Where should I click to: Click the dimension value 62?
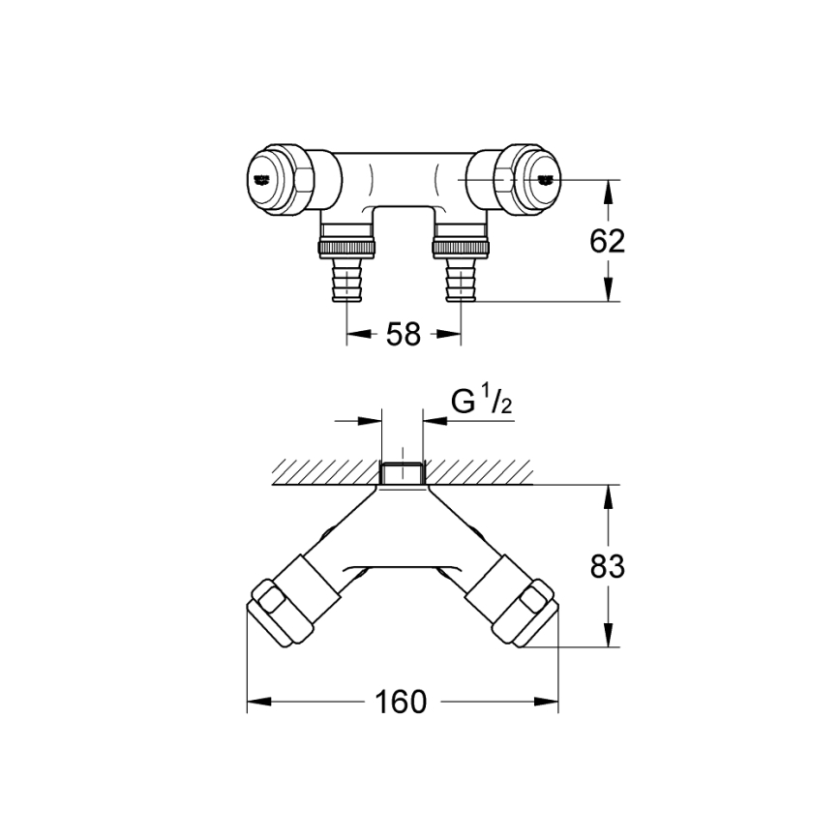pyautogui.click(x=608, y=241)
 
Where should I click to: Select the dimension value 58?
pyautogui.click(x=404, y=335)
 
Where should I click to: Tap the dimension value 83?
pyautogui.click(x=608, y=566)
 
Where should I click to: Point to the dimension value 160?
pyautogui.click(x=404, y=702)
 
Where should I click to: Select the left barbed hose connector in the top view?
pyautogui.click(x=347, y=275)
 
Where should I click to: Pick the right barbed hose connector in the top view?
pyautogui.click(x=459, y=275)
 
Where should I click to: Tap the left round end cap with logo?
pyautogui.click(x=267, y=179)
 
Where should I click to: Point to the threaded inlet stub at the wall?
pyautogui.click(x=403, y=474)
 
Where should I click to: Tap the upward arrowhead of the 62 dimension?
pyautogui.click(x=608, y=192)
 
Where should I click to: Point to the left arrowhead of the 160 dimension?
pyautogui.click(x=256, y=702)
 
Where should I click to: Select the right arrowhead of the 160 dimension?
pyautogui.click(x=552, y=702)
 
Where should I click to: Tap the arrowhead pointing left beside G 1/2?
pyautogui.click(x=432, y=420)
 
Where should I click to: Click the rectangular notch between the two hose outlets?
pyautogui.click(x=404, y=215)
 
